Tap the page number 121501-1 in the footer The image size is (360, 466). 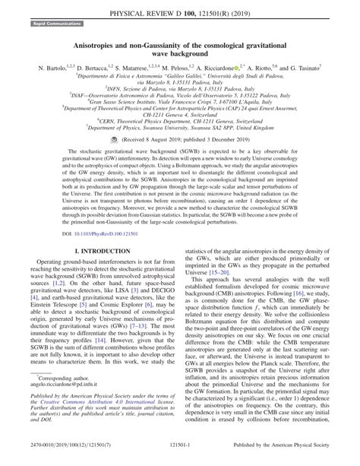point(179,455)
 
